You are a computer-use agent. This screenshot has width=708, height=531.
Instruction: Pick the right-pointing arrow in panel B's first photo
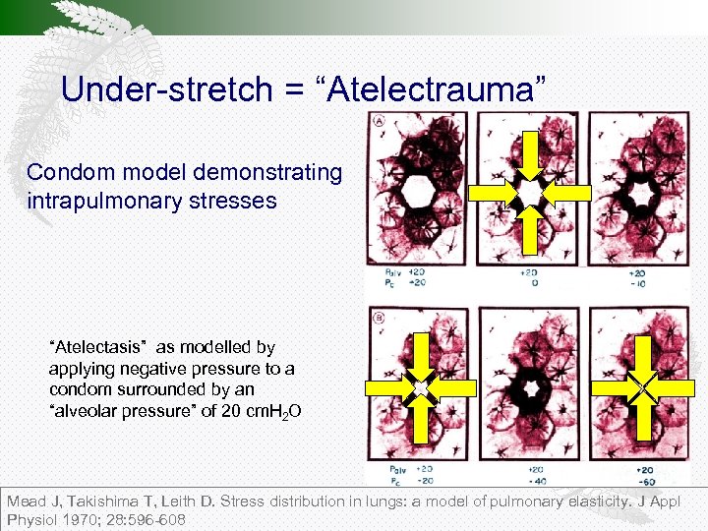coord(387,389)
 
